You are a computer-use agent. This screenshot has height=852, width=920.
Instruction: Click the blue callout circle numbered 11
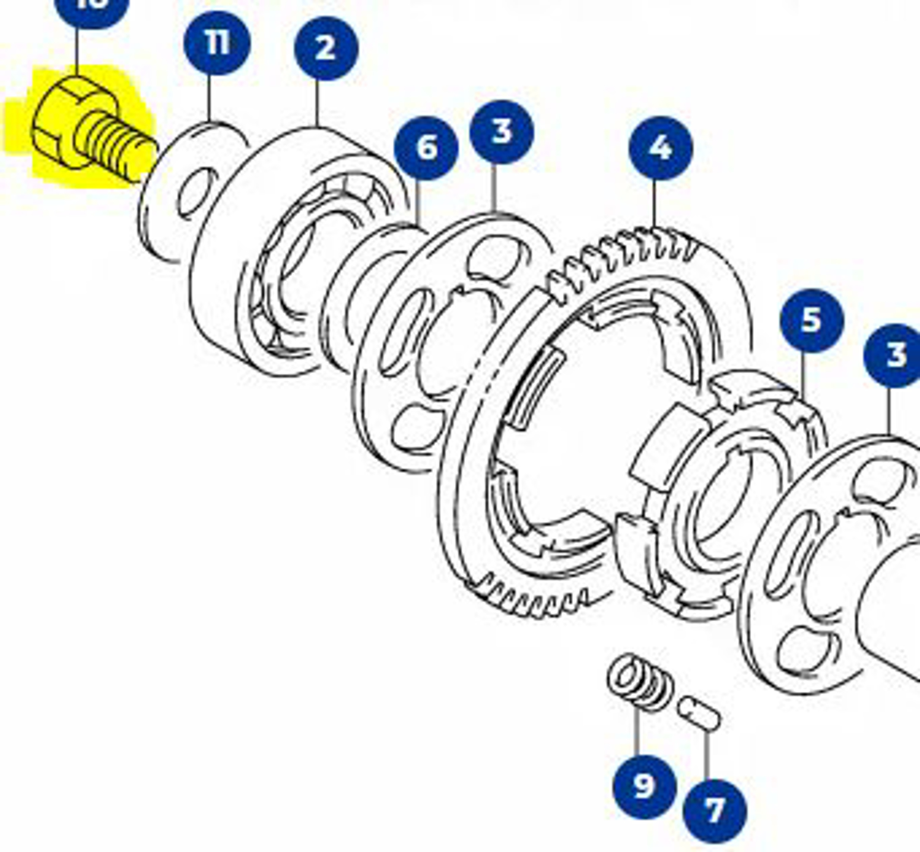(x=217, y=43)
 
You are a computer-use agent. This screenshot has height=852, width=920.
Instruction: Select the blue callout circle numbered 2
(x=326, y=48)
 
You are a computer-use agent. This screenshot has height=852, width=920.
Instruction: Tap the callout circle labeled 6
(x=426, y=148)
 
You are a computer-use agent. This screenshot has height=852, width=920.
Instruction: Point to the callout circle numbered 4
(x=660, y=148)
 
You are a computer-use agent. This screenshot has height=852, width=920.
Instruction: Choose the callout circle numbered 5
(x=811, y=320)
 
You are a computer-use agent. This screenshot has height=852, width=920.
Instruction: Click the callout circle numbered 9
(x=644, y=786)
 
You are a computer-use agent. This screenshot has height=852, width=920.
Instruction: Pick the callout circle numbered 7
(x=714, y=810)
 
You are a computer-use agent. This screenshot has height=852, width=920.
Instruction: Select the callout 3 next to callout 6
(x=501, y=132)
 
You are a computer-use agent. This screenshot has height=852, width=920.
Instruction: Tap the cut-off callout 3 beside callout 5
(x=893, y=355)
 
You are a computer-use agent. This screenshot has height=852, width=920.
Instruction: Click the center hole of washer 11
(x=196, y=193)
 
